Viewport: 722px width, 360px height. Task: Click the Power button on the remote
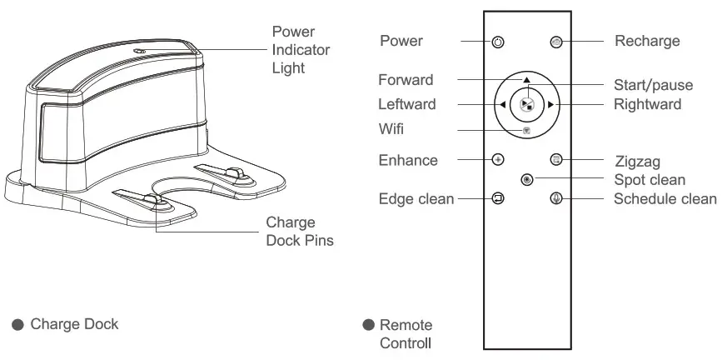click(x=497, y=42)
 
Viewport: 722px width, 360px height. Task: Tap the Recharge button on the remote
click(x=556, y=42)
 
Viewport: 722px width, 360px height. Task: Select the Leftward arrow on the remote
click(x=503, y=105)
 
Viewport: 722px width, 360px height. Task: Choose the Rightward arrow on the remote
click(x=550, y=105)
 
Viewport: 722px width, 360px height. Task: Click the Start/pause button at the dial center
click(x=526, y=104)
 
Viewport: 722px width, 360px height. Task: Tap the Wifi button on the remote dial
click(x=526, y=130)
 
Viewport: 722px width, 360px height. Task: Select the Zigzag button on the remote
click(x=556, y=158)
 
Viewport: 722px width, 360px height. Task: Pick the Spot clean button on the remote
click(x=526, y=179)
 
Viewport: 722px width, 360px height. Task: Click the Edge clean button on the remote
click(x=497, y=198)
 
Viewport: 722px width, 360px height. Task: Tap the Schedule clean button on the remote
click(x=556, y=198)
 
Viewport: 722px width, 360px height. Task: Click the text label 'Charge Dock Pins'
click(x=300, y=232)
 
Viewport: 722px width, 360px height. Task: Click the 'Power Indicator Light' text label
click(x=301, y=50)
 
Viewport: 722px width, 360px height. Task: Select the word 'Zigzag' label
click(x=637, y=161)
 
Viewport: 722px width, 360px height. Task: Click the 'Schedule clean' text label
click(x=665, y=198)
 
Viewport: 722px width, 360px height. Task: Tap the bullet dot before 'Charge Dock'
click(x=17, y=324)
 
